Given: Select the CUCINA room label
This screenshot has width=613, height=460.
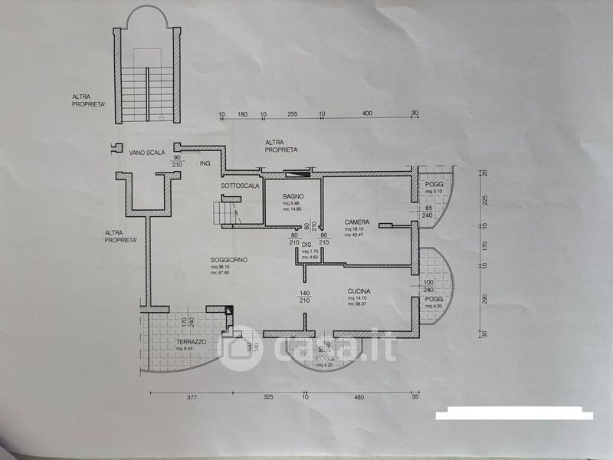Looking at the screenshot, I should [x=359, y=291].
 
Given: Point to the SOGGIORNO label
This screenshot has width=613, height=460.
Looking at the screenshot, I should [x=228, y=261].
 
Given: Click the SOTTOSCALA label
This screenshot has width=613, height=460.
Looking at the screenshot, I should [x=239, y=186].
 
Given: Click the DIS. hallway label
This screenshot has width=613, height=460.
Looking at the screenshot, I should [x=307, y=245].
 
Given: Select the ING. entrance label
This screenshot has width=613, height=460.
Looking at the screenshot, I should [x=205, y=164].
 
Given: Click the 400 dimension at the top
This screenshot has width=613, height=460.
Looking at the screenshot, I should [x=366, y=113].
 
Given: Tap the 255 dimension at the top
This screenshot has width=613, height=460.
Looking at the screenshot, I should [x=292, y=113].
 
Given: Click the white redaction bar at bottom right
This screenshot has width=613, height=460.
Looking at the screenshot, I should [x=514, y=416].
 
